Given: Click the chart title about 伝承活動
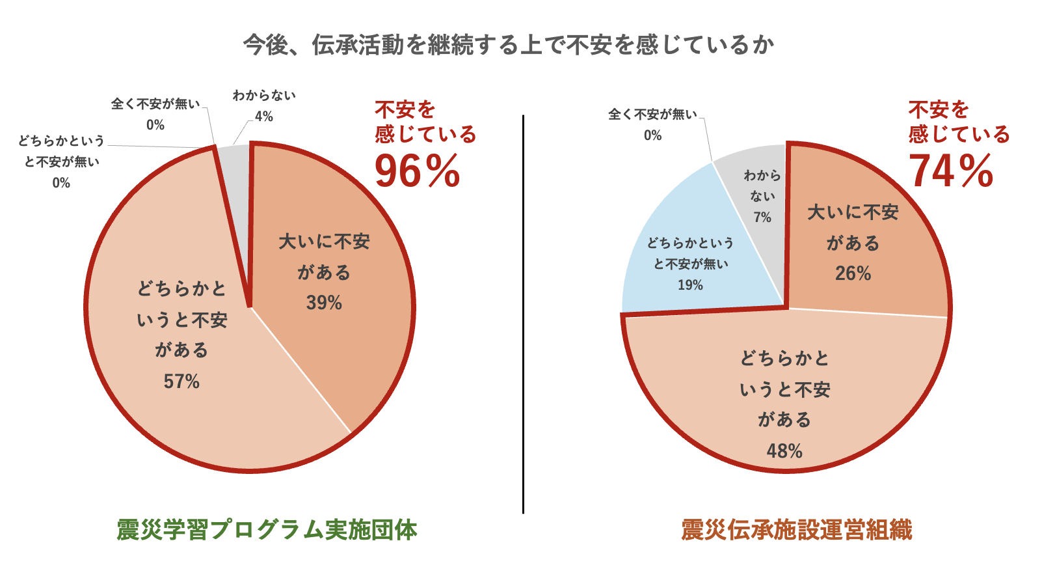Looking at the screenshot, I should [509, 45].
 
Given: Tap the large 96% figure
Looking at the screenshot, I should [417, 171].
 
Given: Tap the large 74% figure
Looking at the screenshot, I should [950, 171].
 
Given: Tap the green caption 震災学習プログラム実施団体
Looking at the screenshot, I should [267, 529].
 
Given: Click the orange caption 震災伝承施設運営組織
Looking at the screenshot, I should [796, 529].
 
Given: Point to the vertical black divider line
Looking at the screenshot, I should [523, 312].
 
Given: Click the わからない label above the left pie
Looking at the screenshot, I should [264, 96].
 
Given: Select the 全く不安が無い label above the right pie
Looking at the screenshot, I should [652, 115].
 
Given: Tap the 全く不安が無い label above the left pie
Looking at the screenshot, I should [155, 104].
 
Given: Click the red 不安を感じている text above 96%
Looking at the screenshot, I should [425, 122].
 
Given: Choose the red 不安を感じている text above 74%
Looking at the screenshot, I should [958, 122].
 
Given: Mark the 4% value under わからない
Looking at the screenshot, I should [264, 117].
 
